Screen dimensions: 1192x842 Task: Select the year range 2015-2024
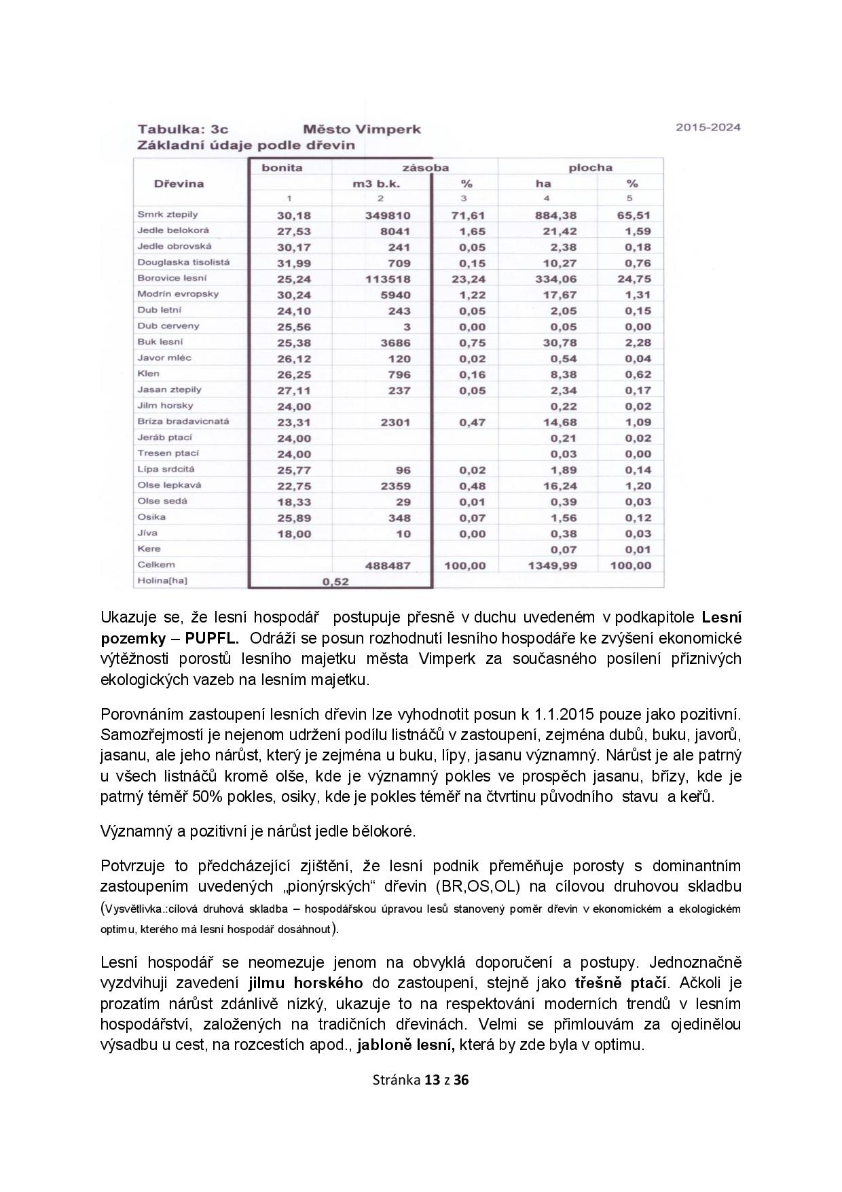708,127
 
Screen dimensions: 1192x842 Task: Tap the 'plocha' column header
589,167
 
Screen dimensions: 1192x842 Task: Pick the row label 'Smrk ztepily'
168,215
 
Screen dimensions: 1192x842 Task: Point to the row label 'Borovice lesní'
172,278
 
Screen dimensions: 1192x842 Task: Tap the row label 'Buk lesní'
160,342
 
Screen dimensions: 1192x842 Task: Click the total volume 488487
388,565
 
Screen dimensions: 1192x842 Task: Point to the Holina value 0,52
335,582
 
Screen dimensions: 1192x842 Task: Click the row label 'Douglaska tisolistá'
183,262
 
